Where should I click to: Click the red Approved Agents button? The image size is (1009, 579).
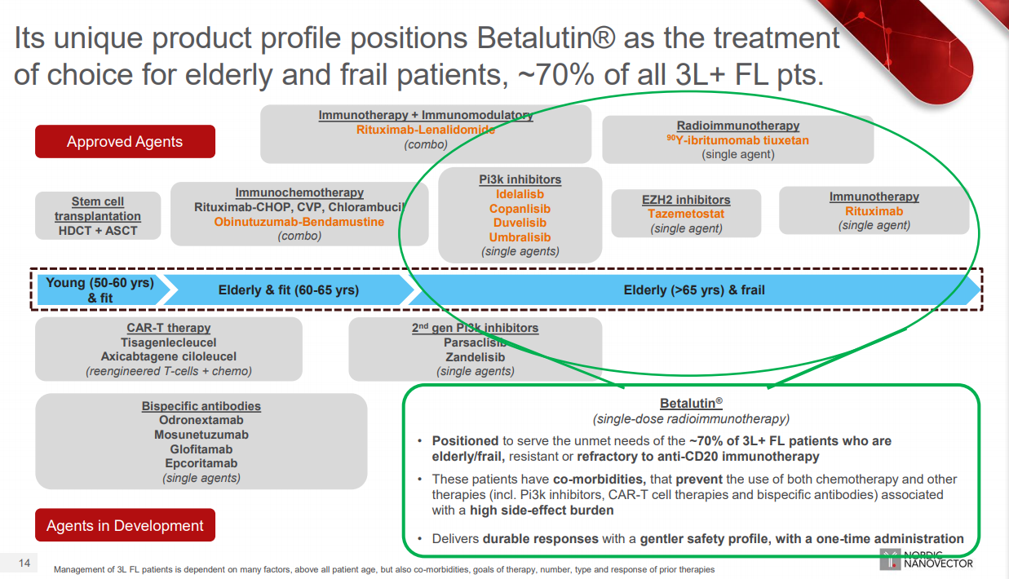(x=125, y=142)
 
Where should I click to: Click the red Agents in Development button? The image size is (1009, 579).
(x=125, y=526)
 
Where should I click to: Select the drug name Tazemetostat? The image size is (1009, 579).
(x=686, y=214)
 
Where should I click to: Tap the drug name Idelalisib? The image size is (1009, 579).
(x=520, y=194)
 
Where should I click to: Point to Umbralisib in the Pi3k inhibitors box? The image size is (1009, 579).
(x=520, y=237)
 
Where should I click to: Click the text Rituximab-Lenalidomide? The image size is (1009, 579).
(x=426, y=130)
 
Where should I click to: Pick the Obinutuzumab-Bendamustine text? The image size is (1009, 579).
(x=299, y=222)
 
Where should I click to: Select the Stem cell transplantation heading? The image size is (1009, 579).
(x=98, y=209)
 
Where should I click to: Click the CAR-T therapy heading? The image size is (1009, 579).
(x=169, y=328)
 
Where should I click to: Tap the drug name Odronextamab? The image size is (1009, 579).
(x=201, y=420)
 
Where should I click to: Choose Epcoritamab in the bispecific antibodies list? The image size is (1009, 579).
(x=201, y=463)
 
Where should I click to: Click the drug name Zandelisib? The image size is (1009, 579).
(x=475, y=357)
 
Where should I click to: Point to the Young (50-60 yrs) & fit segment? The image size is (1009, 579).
(x=100, y=290)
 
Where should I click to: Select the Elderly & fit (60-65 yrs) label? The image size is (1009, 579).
(x=289, y=290)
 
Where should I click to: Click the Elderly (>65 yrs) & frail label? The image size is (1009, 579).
(x=694, y=290)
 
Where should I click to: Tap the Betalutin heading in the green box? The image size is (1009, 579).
(x=691, y=404)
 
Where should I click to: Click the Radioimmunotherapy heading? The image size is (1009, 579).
(x=738, y=126)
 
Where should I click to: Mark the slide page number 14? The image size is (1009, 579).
(x=24, y=564)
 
